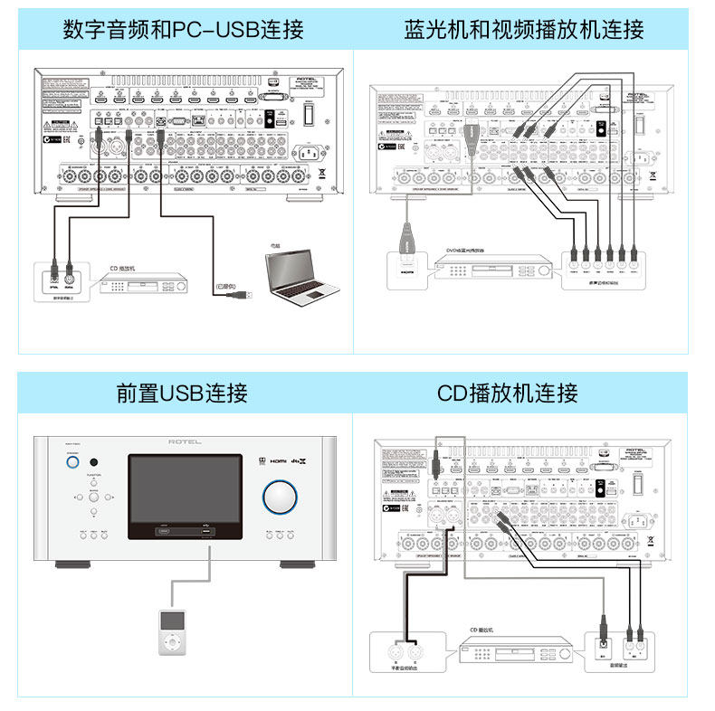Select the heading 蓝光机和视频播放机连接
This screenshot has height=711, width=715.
click(524, 30)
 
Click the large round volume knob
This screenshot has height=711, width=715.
click(281, 497)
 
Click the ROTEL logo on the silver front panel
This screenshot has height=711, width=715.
click(186, 442)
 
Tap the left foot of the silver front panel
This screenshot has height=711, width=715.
click(71, 565)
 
